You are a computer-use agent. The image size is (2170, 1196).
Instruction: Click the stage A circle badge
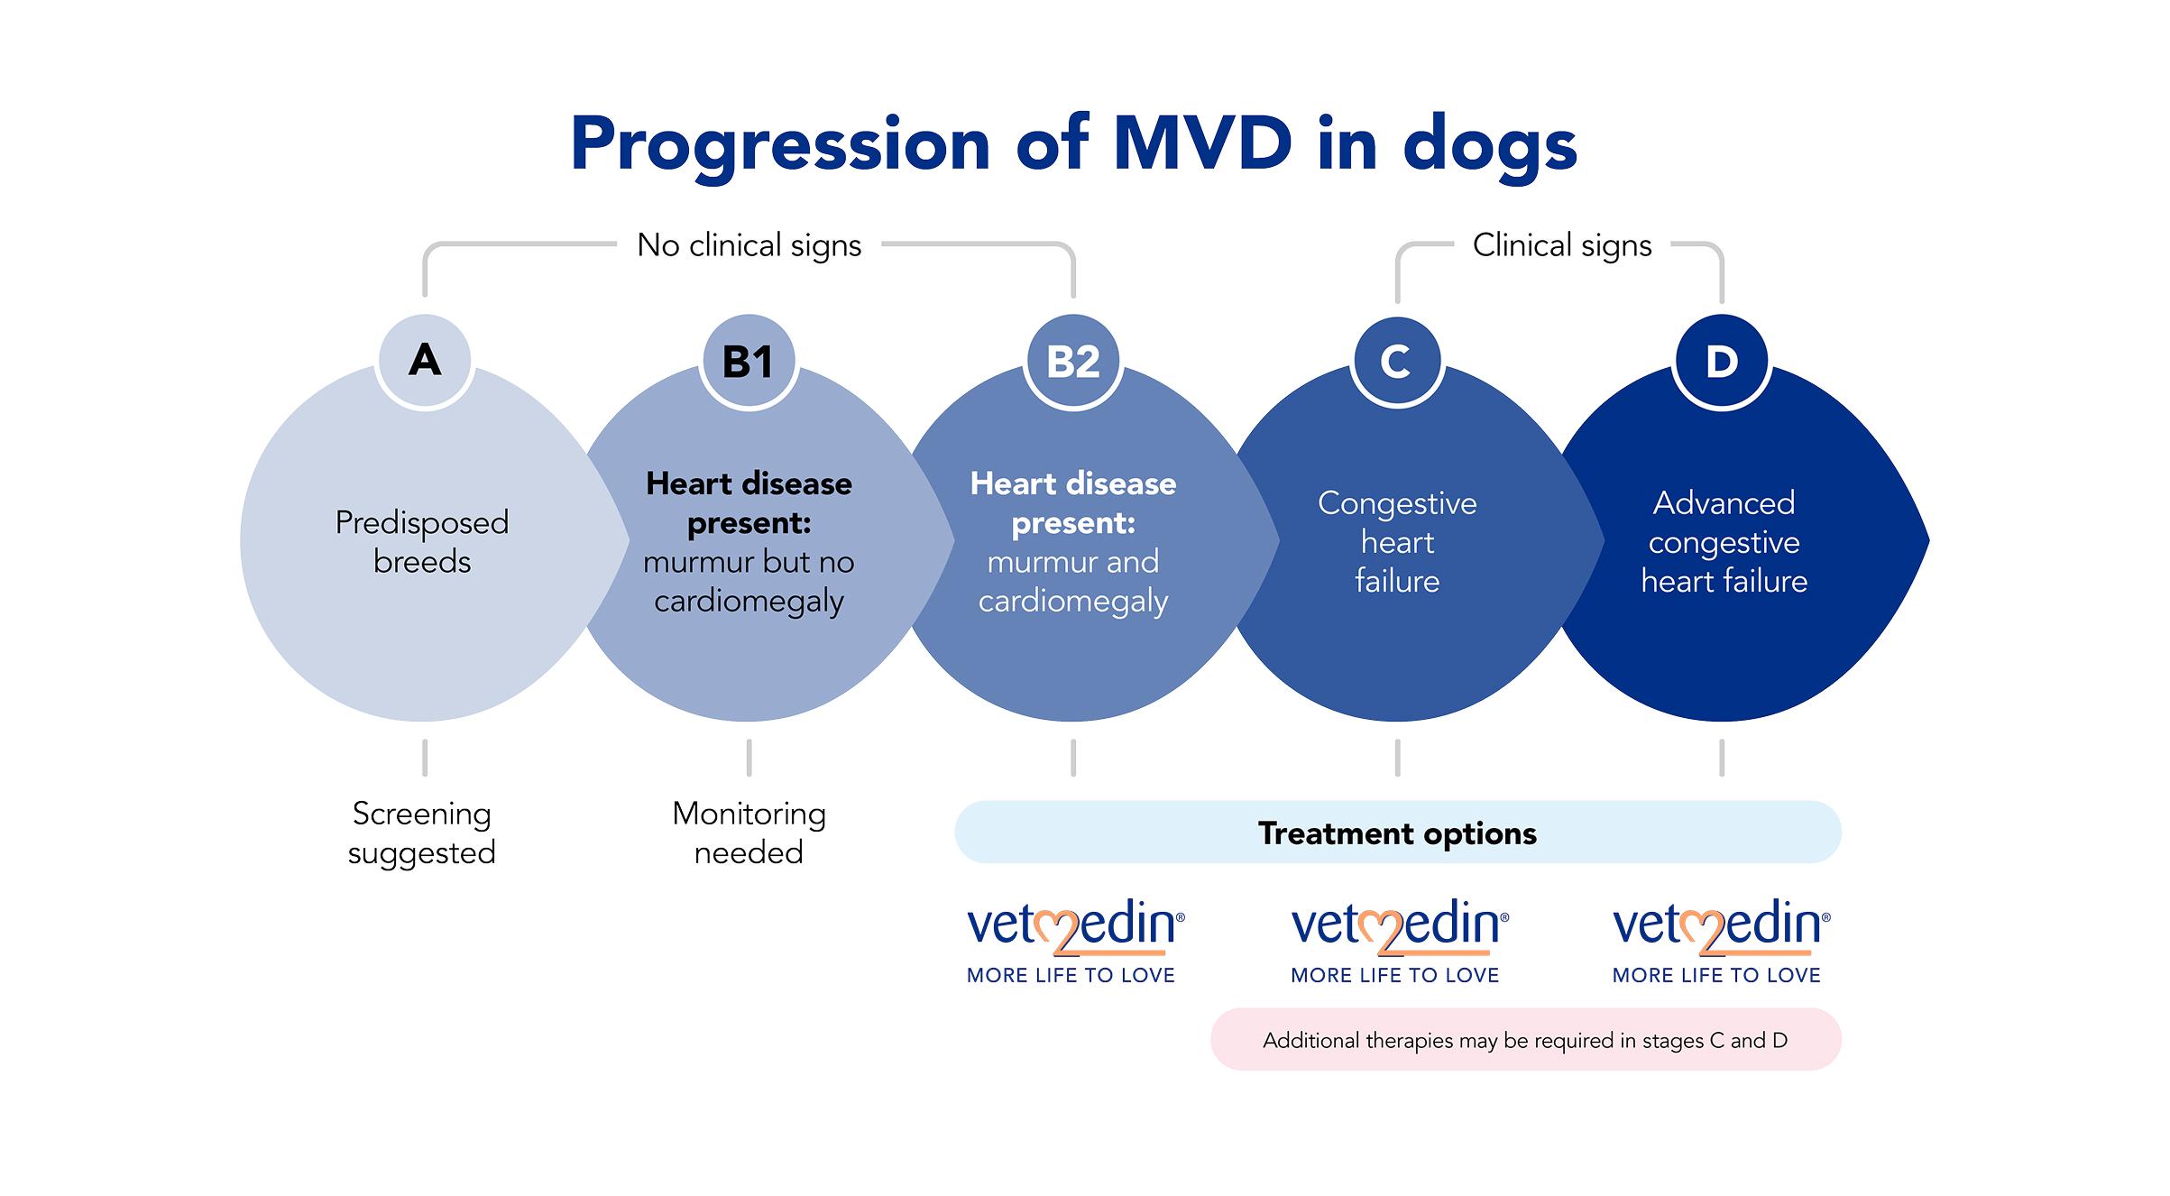425,361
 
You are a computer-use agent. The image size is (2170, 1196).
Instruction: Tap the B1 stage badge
749,361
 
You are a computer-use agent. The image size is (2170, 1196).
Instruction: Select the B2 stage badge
1073,361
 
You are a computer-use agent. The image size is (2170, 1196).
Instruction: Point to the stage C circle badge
1396,361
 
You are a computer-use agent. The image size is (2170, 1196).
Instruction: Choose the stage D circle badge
1722,361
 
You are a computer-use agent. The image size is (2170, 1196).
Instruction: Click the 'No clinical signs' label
749,245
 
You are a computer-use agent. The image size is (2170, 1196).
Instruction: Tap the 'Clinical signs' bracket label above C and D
1561,245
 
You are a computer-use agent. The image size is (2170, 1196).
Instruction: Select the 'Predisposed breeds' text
422,541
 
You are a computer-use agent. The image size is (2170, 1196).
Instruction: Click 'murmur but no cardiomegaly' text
749,581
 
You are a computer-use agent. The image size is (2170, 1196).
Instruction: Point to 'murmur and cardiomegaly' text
1073,581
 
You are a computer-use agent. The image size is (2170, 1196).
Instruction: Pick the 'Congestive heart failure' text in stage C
1397,541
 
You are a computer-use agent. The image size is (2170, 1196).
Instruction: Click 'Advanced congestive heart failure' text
1724,541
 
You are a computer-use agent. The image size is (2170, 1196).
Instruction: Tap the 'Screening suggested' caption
422,833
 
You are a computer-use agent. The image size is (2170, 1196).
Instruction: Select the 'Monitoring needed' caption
749,833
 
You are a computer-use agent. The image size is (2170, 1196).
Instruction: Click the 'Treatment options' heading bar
1397,833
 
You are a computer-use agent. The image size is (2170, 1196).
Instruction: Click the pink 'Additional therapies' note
1524,1040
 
